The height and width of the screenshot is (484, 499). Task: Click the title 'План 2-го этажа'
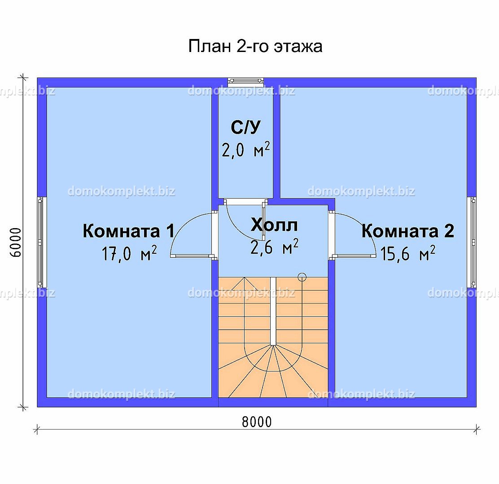[x=255, y=47]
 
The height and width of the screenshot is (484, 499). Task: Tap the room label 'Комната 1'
[x=129, y=231]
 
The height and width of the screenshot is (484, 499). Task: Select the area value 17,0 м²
[x=129, y=254]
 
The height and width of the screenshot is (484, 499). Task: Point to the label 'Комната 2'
[x=407, y=231]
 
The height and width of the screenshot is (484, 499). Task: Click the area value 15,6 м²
[x=408, y=254]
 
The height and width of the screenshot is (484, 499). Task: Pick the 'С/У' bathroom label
[x=245, y=127]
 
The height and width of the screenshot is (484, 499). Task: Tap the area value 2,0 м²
[x=245, y=150]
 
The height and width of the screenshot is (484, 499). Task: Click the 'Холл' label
[x=274, y=225]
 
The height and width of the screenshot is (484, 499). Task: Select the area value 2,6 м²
[x=274, y=247]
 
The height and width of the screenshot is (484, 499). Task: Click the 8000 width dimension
[x=257, y=422]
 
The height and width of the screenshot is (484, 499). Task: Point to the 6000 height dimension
[x=15, y=242]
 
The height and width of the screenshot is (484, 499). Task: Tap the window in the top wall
[x=245, y=82]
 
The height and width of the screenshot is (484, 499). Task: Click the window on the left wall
[x=40, y=242]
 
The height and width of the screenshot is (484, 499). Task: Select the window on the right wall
[x=473, y=242]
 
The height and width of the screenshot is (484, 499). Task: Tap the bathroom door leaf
[x=263, y=220]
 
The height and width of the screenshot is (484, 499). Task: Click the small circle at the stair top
[x=302, y=277]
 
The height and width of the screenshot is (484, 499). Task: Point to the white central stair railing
[x=273, y=311]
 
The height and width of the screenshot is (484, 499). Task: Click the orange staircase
[x=273, y=337]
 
